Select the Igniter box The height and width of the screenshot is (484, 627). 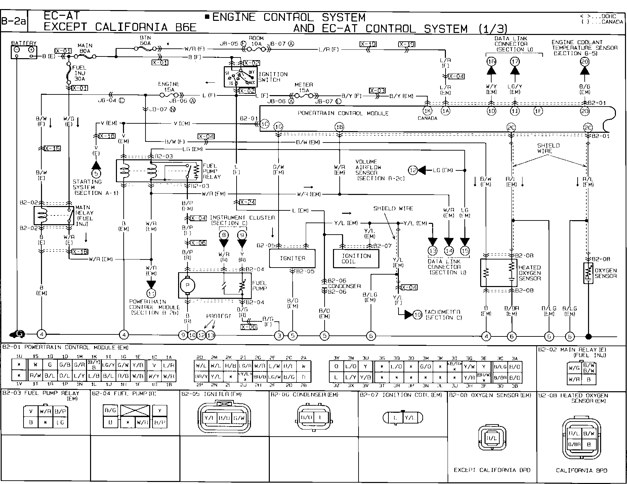click(292, 258)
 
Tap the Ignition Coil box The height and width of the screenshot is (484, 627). click(356, 258)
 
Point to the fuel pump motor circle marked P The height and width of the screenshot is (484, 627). click(187, 285)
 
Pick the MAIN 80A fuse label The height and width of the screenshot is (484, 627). click(85, 48)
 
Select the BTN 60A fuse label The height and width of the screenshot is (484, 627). click(145, 41)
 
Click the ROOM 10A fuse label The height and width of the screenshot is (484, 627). click(256, 41)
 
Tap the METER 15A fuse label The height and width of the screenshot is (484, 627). click(303, 87)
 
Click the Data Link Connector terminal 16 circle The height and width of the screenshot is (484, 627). click(491, 62)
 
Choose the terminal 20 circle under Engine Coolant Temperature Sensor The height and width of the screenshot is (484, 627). click(585, 62)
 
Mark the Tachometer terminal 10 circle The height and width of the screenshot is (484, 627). click(417, 315)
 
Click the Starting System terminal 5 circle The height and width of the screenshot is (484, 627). click(96, 174)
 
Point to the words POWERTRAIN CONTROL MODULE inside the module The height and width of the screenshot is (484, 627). click(343, 114)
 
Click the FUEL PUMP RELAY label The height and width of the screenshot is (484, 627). click(212, 171)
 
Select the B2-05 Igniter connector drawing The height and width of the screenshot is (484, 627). click(224, 418)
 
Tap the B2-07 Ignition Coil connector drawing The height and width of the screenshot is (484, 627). click(403, 418)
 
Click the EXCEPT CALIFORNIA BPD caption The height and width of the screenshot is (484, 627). click(492, 470)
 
